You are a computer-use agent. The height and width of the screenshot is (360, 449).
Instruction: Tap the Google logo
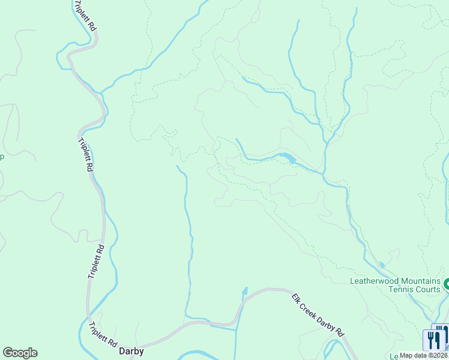[x=20, y=353]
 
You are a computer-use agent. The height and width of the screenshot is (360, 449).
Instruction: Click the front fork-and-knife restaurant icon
[x=432, y=340]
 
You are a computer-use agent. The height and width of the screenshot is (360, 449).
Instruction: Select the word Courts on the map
[x=425, y=290]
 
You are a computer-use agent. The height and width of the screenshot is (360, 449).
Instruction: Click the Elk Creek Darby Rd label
[x=319, y=315]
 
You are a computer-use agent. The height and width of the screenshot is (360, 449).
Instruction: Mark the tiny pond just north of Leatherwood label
[x=382, y=265]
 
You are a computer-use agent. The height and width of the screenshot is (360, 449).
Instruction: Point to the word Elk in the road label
[x=296, y=298]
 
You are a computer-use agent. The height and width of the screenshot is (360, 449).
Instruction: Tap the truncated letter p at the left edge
[x=2, y=158]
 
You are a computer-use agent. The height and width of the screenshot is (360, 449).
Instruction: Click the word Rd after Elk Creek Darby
[x=340, y=332]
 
